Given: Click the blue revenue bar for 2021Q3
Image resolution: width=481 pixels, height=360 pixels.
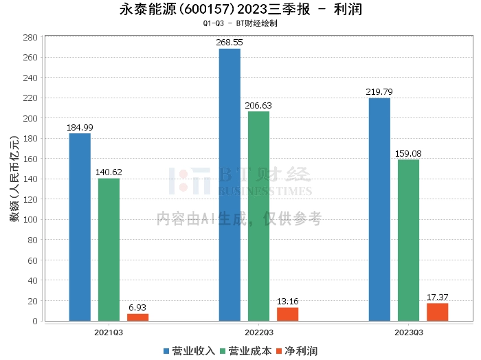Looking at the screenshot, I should [80, 227].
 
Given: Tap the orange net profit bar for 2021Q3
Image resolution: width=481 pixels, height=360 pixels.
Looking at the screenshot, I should [137, 317].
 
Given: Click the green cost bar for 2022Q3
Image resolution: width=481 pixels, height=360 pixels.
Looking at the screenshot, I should [258, 216].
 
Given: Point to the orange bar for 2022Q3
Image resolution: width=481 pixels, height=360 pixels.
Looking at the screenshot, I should [287, 314].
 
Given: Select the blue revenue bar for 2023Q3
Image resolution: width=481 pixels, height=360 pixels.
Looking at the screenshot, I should [379, 209].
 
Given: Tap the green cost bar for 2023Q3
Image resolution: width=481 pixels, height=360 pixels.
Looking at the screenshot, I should [408, 240].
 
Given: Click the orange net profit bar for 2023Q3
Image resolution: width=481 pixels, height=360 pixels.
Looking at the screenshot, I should [437, 312].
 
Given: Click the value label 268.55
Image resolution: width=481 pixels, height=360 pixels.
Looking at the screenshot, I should [230, 43].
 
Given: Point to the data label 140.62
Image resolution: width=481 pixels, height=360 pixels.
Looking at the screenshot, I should [109, 172].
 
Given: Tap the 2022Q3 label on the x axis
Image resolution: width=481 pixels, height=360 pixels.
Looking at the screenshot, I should [258, 332].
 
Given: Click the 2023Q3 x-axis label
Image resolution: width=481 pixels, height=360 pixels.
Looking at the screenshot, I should [408, 332].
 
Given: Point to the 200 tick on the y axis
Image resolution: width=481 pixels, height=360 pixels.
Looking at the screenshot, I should [29, 119].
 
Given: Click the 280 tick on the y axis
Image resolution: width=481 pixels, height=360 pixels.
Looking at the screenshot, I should [29, 38].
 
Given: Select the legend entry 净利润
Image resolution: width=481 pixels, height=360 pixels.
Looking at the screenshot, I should [296, 351].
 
